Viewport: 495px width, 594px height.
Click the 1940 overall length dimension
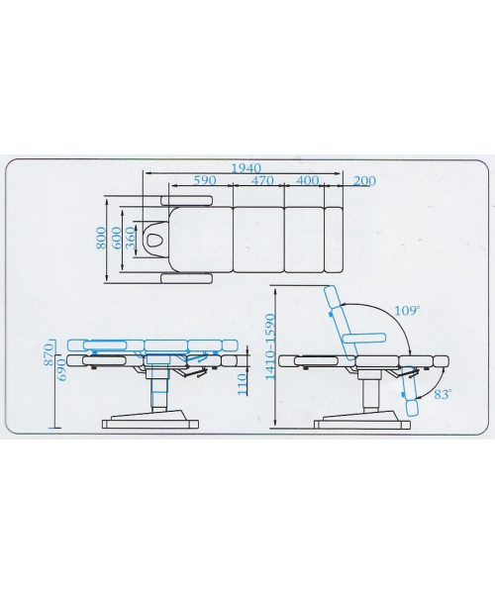[247, 167]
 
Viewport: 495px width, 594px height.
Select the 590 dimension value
[205, 180]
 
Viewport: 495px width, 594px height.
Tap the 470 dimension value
[262, 180]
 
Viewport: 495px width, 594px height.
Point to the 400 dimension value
[307, 180]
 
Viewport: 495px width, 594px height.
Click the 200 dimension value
[364, 181]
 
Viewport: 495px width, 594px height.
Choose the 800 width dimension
[101, 238]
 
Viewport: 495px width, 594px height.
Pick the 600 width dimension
[117, 238]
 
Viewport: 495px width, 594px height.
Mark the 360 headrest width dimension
[130, 238]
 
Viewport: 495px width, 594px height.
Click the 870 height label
[49, 354]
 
